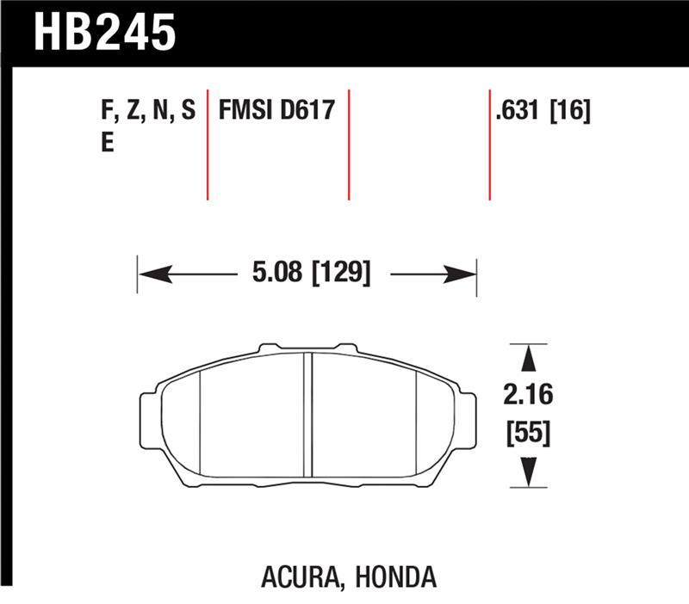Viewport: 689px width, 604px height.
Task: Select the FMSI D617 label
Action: (x=276, y=111)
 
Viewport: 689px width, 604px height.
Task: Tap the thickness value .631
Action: (x=518, y=111)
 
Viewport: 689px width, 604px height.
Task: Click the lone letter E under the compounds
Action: (x=108, y=143)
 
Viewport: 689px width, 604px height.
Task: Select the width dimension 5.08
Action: (x=278, y=274)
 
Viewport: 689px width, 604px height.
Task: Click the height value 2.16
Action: (x=529, y=397)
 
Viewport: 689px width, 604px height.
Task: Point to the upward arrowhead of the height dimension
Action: (x=529, y=356)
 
